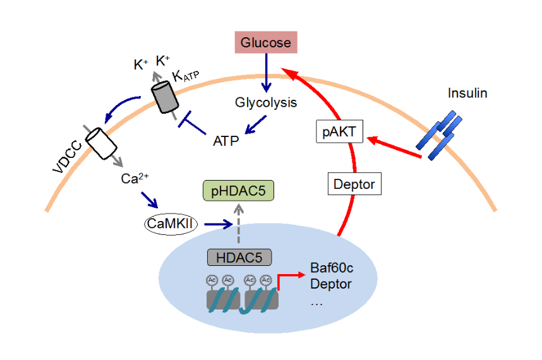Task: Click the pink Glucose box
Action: click(x=265, y=43)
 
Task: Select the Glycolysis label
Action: click(x=266, y=102)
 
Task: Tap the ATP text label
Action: click(x=226, y=140)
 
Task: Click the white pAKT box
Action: click(x=339, y=132)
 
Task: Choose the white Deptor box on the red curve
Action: click(x=354, y=184)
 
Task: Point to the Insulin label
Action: click(x=467, y=93)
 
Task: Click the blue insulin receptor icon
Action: click(x=439, y=135)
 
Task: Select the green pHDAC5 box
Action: click(x=238, y=190)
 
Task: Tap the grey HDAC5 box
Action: click(x=239, y=257)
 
